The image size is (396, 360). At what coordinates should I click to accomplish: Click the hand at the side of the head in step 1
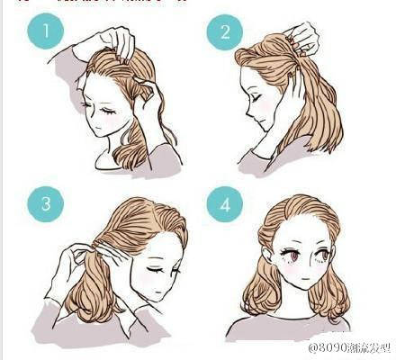coord(148,103)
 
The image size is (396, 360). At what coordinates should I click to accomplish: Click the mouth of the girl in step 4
coord(306,286)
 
